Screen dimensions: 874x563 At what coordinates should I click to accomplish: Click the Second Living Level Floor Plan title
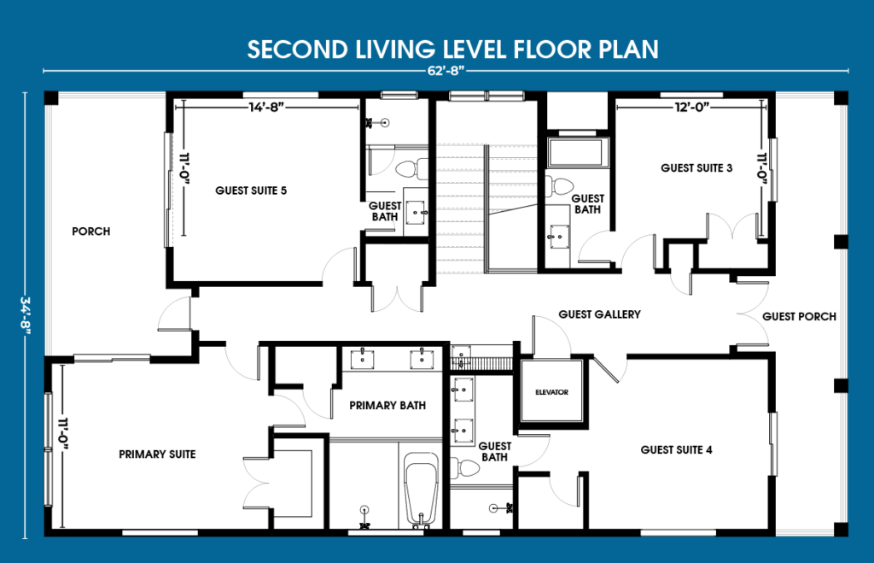pyautogui.click(x=452, y=49)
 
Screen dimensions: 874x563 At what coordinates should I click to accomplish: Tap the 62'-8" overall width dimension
pyautogui.click(x=446, y=71)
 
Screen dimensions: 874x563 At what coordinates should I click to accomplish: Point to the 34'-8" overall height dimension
pyautogui.click(x=25, y=315)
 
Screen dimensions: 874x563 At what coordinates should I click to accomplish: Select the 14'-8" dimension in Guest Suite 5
pyautogui.click(x=266, y=107)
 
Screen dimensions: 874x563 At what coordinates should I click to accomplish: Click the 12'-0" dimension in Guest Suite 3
pyautogui.click(x=691, y=107)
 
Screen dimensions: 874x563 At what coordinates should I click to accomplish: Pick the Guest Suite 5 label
pyautogui.click(x=251, y=191)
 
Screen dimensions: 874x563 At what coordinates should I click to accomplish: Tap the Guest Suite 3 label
pyautogui.click(x=696, y=168)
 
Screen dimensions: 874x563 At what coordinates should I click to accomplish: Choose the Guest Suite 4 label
pyautogui.click(x=676, y=449)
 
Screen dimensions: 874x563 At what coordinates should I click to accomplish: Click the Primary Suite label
pyautogui.click(x=157, y=455)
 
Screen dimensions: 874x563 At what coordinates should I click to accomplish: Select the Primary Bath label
pyautogui.click(x=387, y=406)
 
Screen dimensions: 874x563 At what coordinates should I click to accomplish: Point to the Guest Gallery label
pyautogui.click(x=599, y=314)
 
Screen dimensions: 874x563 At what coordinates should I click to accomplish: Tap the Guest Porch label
pyautogui.click(x=799, y=316)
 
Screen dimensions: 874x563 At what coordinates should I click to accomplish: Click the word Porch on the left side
pyautogui.click(x=90, y=231)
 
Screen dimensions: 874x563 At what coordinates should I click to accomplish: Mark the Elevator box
pyautogui.click(x=552, y=391)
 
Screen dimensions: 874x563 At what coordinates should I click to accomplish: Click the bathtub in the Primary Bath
pyautogui.click(x=421, y=490)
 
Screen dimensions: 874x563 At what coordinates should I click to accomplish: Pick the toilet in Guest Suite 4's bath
pyautogui.click(x=463, y=467)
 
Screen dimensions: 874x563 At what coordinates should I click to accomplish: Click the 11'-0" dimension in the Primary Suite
pyautogui.click(x=62, y=437)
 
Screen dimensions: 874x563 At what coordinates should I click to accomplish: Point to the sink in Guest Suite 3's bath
pyautogui.click(x=557, y=237)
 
